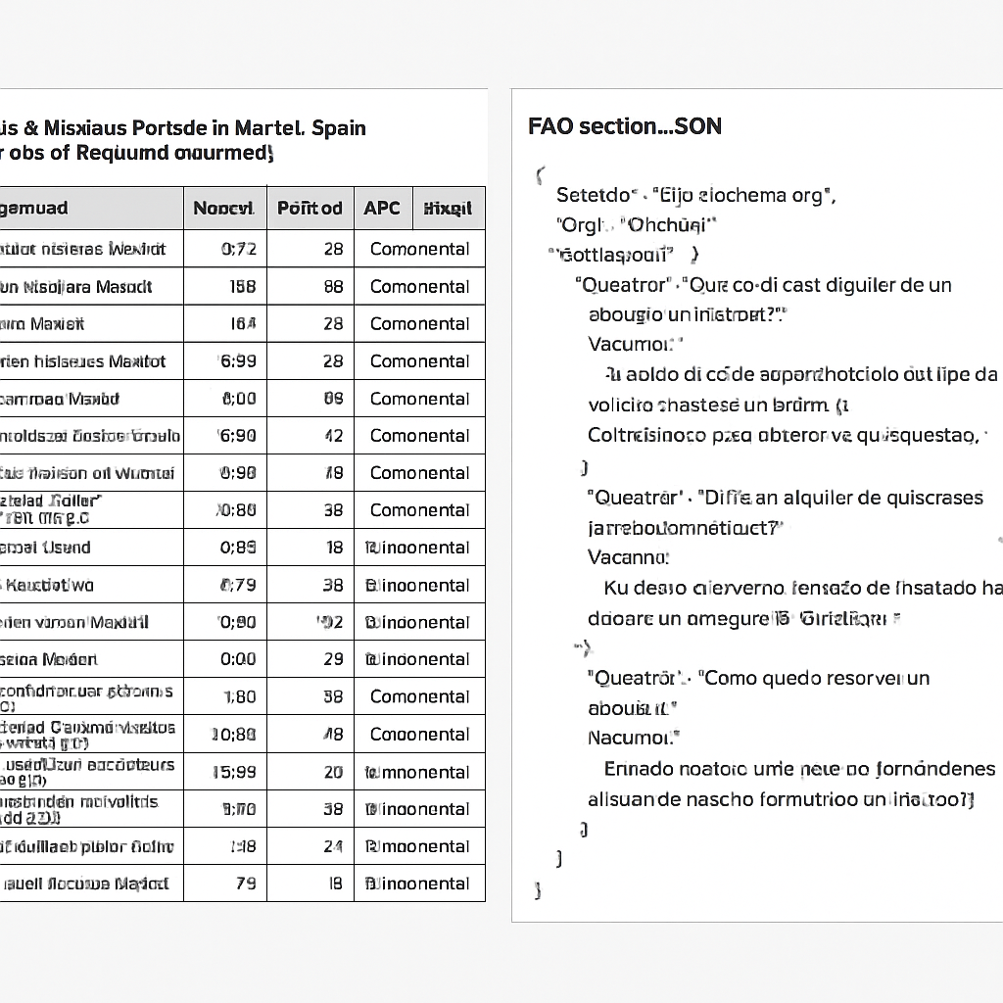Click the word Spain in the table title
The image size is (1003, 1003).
tap(338, 127)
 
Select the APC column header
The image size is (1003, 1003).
tap(382, 208)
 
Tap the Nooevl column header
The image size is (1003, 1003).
tap(224, 208)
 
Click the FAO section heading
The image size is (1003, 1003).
tap(624, 126)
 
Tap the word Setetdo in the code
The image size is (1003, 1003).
tap(592, 194)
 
